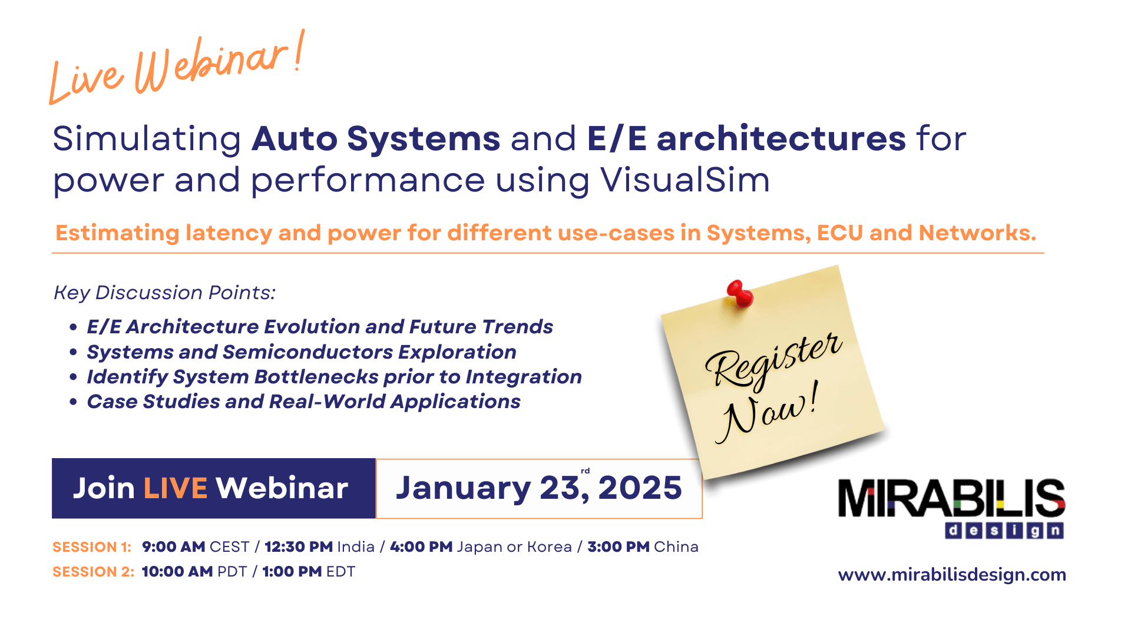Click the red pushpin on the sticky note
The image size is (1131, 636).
click(x=740, y=293)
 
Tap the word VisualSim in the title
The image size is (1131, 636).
click(x=685, y=180)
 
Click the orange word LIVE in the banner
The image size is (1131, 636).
click(x=175, y=488)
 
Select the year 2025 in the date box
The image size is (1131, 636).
click(x=640, y=488)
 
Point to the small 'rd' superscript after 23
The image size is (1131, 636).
click(x=585, y=471)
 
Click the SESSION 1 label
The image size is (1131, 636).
click(x=91, y=547)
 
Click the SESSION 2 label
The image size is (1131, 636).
click(x=93, y=572)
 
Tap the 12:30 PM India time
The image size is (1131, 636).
click(x=299, y=547)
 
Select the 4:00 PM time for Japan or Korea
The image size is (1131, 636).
click(x=421, y=547)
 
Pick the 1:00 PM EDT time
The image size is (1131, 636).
click(x=292, y=572)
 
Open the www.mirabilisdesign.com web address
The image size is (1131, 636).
click(x=952, y=575)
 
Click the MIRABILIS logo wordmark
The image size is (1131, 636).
click(x=951, y=499)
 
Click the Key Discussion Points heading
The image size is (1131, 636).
click(x=165, y=293)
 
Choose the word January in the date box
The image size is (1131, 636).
click(x=463, y=488)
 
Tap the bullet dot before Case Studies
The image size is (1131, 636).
click(x=73, y=402)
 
